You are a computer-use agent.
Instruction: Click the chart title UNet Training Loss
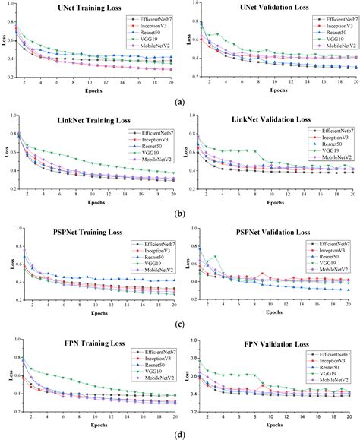pyautogui.click(x=93, y=7)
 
